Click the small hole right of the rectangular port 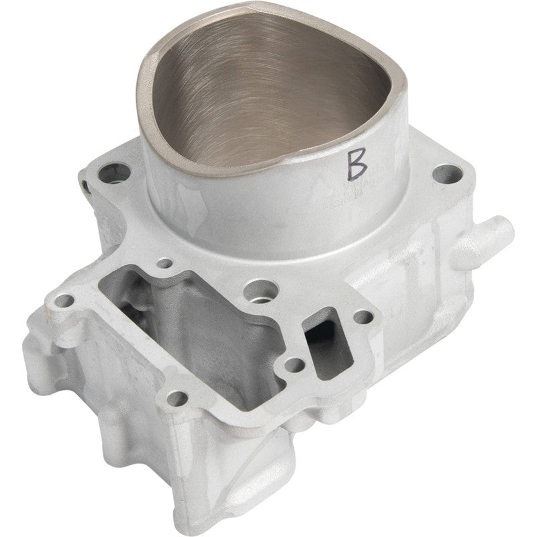[x=362, y=317]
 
